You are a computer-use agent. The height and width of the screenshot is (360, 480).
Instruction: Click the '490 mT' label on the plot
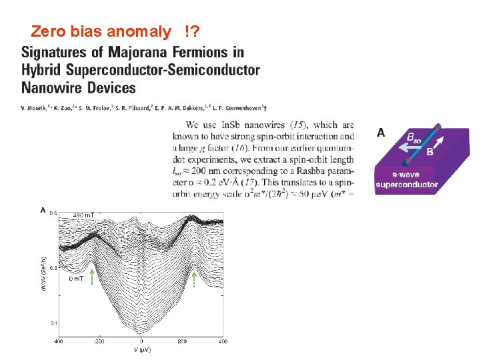84,215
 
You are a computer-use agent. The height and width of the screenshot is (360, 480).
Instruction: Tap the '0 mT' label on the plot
77,279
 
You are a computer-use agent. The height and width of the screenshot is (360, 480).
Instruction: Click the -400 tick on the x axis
59,341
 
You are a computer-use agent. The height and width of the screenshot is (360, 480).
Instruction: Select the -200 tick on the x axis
99,341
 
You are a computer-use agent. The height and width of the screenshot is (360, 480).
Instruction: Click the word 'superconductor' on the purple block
406,185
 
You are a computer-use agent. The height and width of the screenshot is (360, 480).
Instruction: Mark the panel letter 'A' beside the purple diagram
381,133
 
